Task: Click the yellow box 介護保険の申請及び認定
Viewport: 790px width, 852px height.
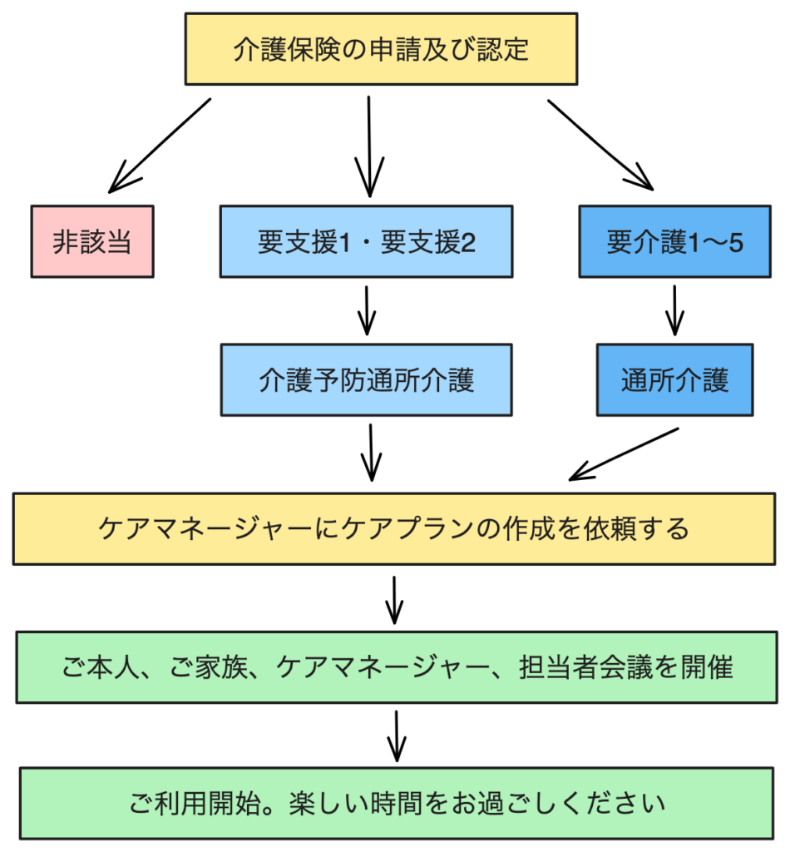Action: coord(381,49)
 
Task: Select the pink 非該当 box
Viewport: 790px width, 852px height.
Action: coord(92,241)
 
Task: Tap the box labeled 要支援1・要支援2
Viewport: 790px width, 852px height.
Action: coord(367,241)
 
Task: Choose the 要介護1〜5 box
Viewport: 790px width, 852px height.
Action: coord(675,241)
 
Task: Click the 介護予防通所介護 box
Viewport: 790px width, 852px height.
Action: coord(367,379)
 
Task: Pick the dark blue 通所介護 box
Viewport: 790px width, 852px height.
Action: coord(675,379)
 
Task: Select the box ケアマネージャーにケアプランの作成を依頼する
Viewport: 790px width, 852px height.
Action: coord(394,528)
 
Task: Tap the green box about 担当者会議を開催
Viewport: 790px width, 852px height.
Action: coord(397,667)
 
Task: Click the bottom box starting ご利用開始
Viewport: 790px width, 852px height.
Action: coord(397,804)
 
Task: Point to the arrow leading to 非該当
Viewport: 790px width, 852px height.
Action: coord(160,146)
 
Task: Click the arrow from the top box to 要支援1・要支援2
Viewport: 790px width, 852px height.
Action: coord(369,146)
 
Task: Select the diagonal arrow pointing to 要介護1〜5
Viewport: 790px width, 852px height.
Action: coord(600,145)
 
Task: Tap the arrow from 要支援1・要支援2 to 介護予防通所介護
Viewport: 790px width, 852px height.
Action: coord(367,311)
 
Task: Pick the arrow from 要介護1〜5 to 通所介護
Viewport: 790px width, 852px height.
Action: coord(675,311)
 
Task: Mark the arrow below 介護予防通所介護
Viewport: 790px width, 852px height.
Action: coord(371,453)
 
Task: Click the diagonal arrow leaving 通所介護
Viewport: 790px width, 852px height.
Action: coord(624,454)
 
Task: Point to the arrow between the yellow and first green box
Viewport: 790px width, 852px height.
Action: coord(394,601)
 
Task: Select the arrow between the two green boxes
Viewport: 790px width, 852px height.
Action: coord(397,736)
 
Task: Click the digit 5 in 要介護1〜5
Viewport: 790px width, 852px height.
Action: coord(736,242)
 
